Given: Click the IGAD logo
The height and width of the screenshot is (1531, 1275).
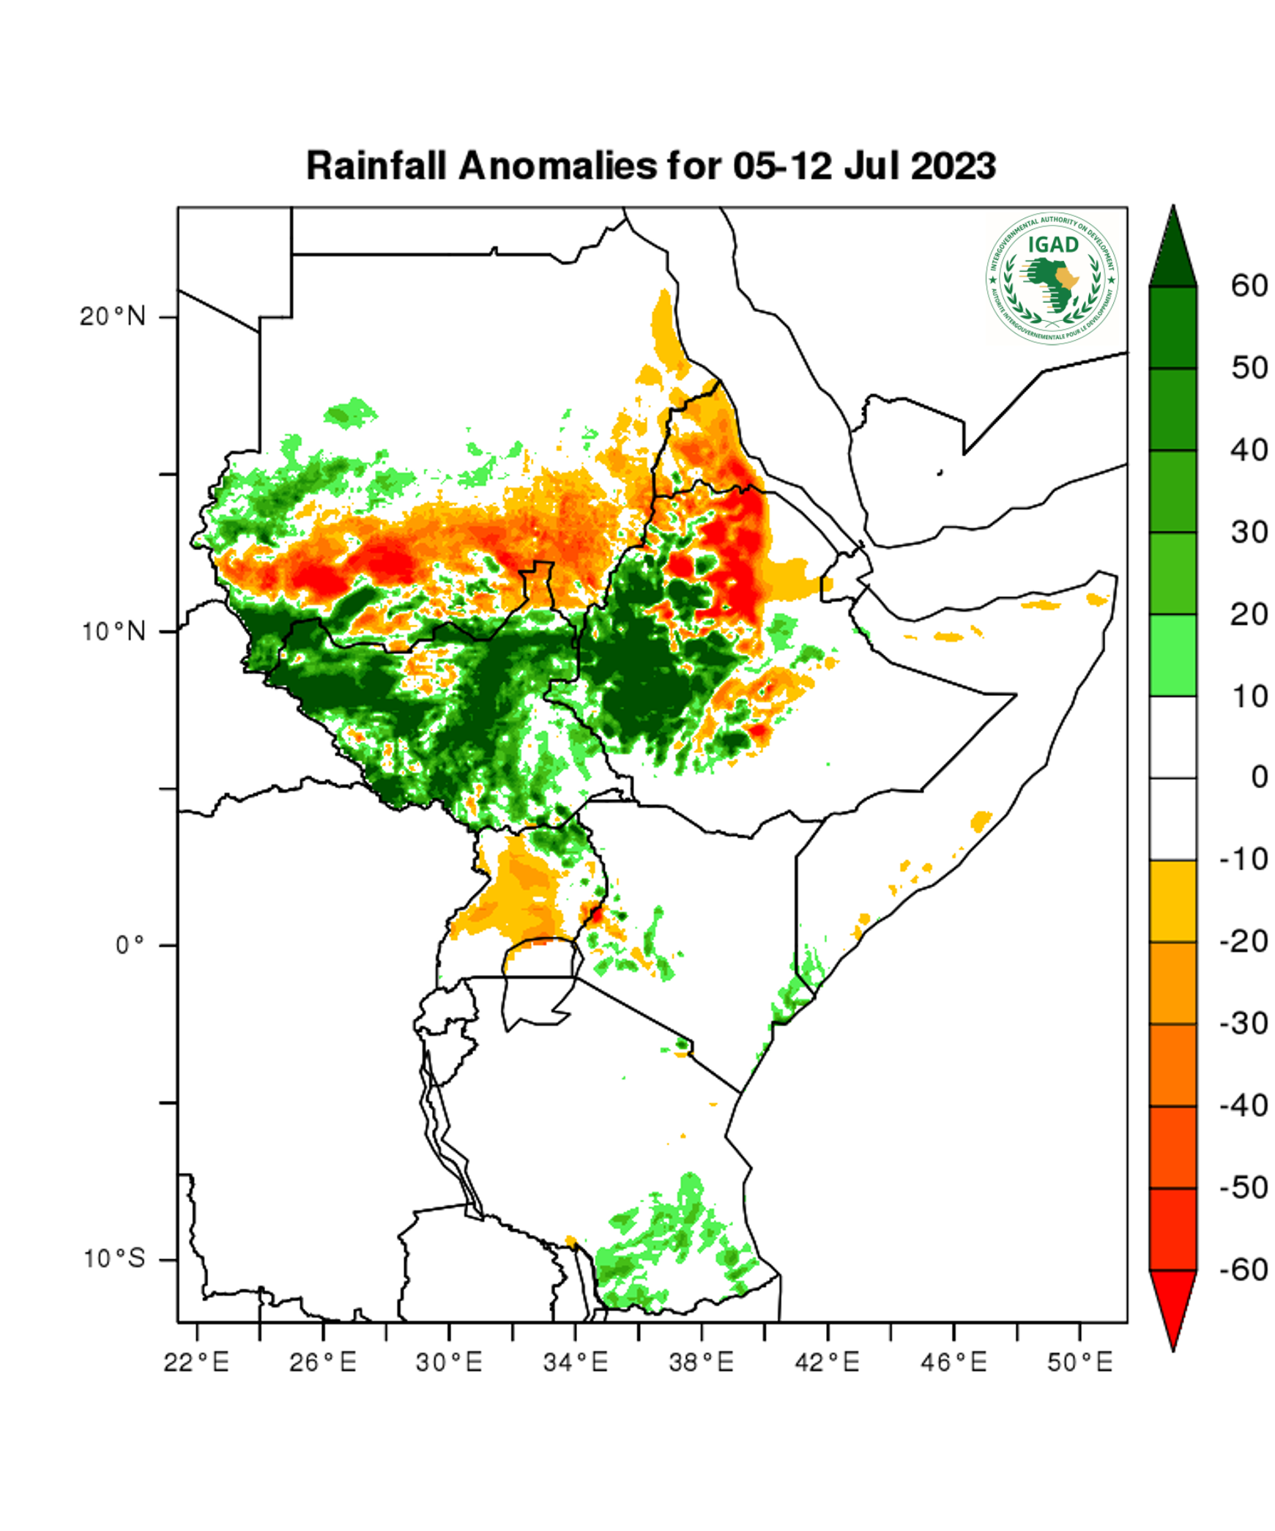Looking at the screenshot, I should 1052,279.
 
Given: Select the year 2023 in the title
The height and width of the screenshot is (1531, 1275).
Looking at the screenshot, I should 953,166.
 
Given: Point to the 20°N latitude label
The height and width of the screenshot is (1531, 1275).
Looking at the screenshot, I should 113,316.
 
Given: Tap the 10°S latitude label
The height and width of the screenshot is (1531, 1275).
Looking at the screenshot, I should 114,1258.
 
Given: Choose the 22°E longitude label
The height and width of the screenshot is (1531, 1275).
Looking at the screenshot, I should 196,1363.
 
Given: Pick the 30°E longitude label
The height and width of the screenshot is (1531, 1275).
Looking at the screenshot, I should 449,1363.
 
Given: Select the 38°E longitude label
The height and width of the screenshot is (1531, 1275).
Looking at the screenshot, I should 701,1363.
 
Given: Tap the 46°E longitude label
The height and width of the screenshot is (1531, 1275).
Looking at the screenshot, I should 954,1363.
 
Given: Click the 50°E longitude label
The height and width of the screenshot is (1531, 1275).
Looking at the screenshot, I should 1079,1363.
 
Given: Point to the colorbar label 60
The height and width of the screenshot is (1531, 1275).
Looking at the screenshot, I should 1249,286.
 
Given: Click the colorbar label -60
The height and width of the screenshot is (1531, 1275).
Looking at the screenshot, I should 1244,1269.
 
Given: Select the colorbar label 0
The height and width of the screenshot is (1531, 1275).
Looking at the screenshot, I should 1259,777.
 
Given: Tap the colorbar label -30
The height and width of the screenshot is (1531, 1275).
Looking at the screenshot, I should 1244,1023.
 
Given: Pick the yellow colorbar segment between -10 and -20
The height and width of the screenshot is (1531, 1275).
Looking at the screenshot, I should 1172,900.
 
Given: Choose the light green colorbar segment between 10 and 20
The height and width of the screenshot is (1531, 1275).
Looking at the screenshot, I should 1172,654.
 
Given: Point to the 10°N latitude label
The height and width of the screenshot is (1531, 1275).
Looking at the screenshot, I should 114,631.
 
